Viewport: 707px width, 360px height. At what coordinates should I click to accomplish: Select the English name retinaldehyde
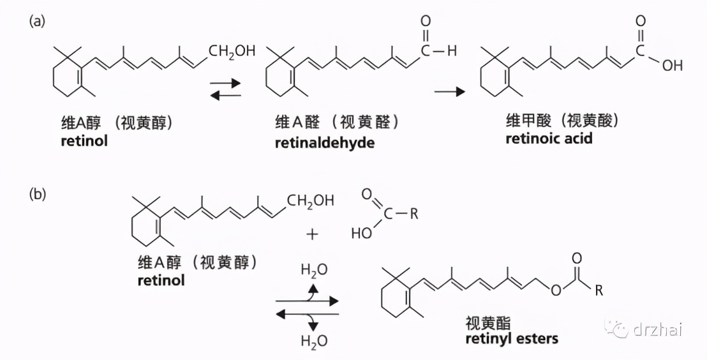coord(325,143)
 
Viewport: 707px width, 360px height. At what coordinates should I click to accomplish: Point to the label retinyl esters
coord(512,338)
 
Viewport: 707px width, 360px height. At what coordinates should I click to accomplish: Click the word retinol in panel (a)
coord(84,140)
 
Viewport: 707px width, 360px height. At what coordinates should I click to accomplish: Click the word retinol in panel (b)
coord(161,280)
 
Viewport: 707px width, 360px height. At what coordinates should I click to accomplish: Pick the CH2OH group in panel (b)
coord(311,201)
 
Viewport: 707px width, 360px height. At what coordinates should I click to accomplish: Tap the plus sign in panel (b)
coord(312,234)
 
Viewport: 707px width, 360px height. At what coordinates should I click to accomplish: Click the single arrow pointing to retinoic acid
coord(450,92)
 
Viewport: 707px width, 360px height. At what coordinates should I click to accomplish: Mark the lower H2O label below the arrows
coord(314,341)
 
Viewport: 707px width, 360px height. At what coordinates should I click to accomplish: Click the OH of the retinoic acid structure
coord(672,66)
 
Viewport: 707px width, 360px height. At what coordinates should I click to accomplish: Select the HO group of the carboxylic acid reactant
coord(362,234)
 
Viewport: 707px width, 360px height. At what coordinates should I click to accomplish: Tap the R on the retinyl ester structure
coord(598,292)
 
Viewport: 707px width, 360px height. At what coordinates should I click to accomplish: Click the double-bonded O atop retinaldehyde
coord(426,21)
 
